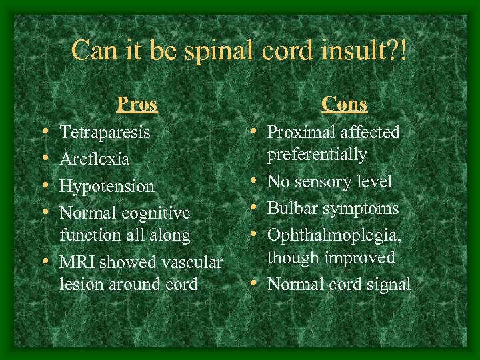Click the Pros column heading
[137, 104]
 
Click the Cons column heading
[344, 104]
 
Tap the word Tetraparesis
[105, 133]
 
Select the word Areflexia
[95, 159]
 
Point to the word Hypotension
[107, 187]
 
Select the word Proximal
[297, 132]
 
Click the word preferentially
[317, 155]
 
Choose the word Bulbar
[291, 208]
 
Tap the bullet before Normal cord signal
[256, 284]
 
